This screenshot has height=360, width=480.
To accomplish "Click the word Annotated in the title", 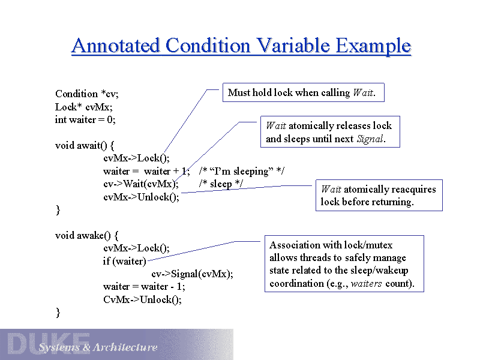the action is [115, 46].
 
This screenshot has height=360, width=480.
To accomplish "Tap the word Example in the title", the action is [373, 47].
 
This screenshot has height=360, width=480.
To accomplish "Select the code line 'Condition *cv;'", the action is [86, 94].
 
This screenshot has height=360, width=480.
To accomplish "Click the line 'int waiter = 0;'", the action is [85, 119].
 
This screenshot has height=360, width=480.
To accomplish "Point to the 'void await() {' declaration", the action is [85, 145].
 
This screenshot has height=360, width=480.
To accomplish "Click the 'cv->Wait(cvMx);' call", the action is [141, 184].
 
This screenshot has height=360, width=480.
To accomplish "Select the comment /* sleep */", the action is [221, 184].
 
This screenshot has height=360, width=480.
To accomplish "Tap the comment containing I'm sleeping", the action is [242, 171].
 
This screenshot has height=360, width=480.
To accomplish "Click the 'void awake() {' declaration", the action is [86, 235].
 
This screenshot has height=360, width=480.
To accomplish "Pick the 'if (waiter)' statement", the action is [125, 261].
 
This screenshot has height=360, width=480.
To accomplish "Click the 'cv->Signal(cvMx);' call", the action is [192, 274].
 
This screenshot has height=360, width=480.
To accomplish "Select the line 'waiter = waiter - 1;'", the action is [144, 287].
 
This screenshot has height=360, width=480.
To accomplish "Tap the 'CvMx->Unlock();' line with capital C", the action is [142, 299].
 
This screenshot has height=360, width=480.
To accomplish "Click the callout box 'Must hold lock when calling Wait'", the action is [304, 92].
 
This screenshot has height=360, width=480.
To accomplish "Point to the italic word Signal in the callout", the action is [370, 139].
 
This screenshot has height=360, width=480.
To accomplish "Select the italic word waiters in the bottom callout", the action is [366, 284].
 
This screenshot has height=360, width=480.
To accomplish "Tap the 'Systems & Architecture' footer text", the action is [98, 347].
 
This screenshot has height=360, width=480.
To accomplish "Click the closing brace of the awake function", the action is [58, 313].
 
